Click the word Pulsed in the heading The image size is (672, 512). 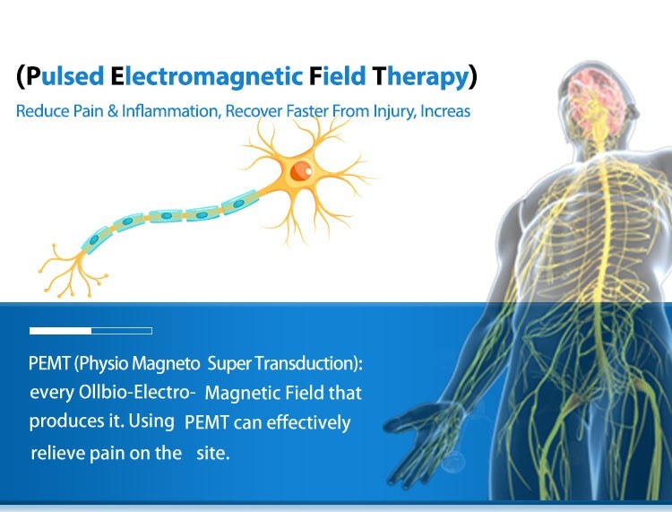click(65, 76)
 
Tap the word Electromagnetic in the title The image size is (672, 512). click(207, 76)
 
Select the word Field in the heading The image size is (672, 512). click(337, 76)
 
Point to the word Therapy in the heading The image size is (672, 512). click(420, 77)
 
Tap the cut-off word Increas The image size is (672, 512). click(445, 111)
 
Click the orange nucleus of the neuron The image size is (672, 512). click(301, 170)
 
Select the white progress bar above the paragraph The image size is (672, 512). click(90, 331)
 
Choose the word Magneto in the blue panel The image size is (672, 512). click(166, 364)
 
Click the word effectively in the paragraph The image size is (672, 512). click(308, 422)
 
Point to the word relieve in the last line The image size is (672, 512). click(58, 453)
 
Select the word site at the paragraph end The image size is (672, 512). click(212, 453)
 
